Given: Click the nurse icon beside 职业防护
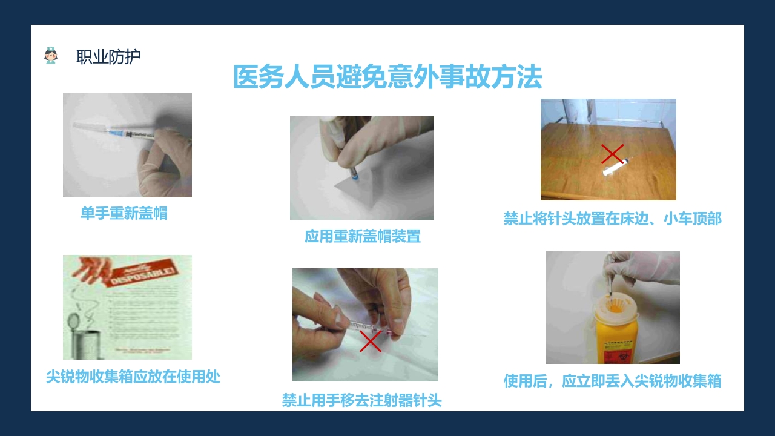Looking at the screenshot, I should click(x=51, y=56).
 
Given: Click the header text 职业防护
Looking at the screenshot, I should click(x=108, y=57).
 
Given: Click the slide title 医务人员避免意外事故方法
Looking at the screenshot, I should click(x=387, y=78).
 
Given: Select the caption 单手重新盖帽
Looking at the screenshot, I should click(x=124, y=213).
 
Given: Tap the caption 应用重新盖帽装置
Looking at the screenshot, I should click(x=362, y=236).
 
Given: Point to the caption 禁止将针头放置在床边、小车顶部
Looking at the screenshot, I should click(x=612, y=218).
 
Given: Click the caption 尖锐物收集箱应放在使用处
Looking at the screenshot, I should click(x=133, y=377).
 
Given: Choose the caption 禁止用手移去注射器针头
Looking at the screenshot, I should click(x=361, y=400).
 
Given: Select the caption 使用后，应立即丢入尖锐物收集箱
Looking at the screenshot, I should click(x=612, y=381).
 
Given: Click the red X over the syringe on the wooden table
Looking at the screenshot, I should click(x=612, y=154).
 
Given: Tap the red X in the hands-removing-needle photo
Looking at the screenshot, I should click(x=370, y=342).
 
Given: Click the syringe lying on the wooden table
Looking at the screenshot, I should click(x=616, y=166).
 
